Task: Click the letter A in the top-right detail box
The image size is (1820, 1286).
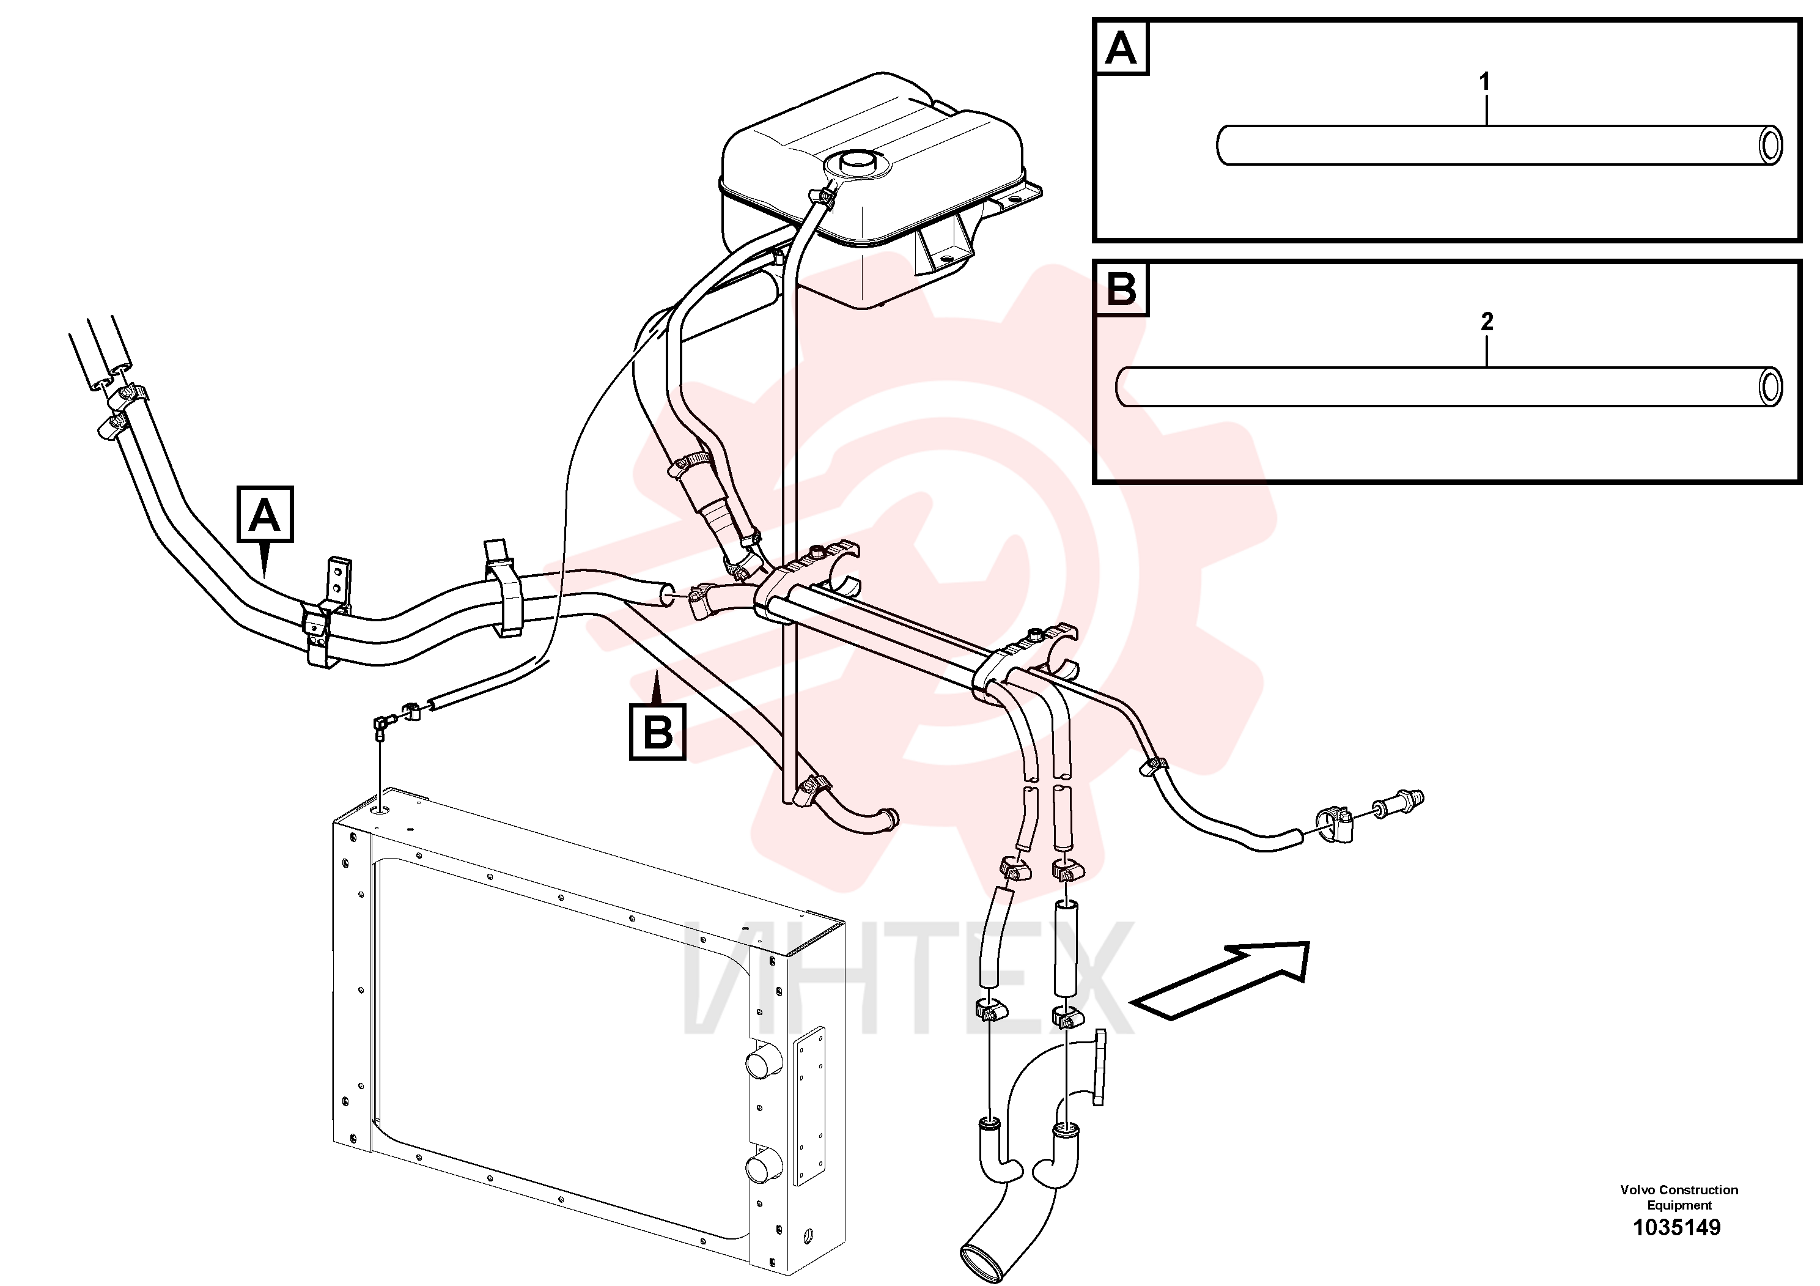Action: tap(1120, 48)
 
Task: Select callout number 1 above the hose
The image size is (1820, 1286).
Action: tap(1485, 82)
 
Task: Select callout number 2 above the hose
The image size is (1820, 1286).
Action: tap(1487, 321)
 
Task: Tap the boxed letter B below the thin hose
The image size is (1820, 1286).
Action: tap(657, 732)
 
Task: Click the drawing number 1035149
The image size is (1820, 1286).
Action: tap(1676, 1227)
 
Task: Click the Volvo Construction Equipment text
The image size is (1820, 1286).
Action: tap(1679, 1197)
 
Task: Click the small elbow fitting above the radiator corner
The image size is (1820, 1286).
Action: tap(384, 725)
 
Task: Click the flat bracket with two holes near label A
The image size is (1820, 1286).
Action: tap(339, 585)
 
